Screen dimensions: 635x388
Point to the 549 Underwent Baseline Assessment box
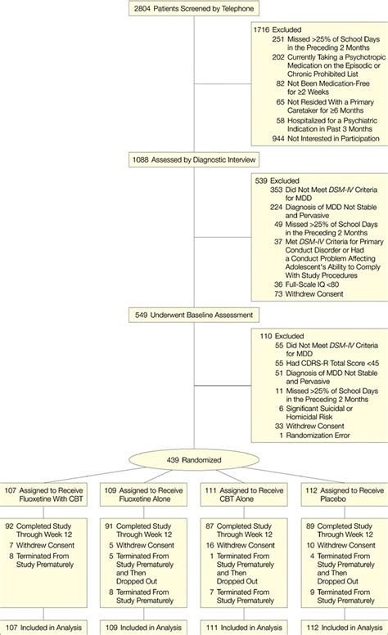coord(193,314)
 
